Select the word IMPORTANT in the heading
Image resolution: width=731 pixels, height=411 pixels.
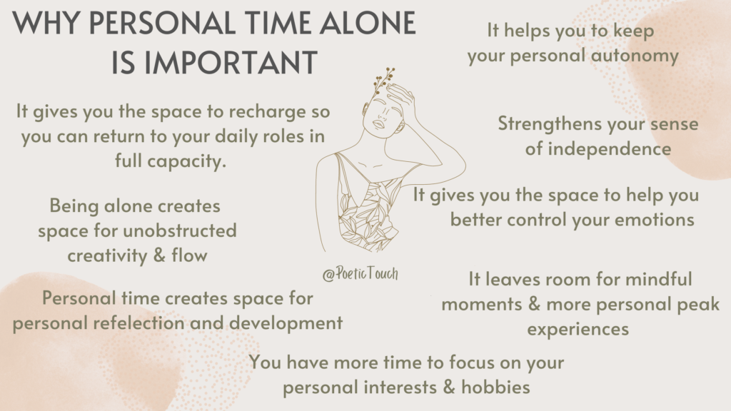213,63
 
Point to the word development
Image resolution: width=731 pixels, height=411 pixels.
289,323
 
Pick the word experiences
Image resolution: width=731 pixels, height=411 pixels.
578,329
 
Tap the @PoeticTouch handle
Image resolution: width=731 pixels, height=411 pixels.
360,275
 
